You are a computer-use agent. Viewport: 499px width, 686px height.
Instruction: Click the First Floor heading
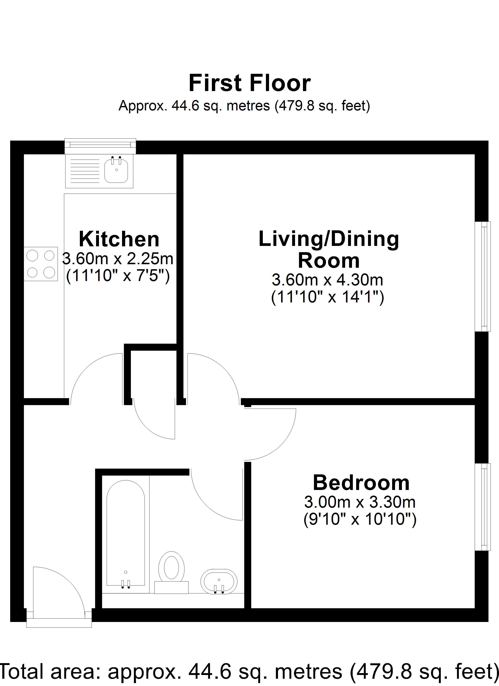[x=250, y=83]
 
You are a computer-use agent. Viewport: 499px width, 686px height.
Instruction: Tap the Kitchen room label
[x=119, y=239]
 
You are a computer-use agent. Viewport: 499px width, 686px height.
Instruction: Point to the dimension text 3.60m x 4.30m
[x=327, y=280]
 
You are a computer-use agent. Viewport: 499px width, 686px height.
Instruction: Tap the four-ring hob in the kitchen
[x=41, y=264]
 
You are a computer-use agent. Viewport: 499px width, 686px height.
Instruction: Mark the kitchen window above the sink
[x=100, y=146]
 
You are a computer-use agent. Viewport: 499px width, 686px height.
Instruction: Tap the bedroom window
[x=482, y=507]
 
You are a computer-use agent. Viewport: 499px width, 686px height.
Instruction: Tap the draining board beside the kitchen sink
[x=85, y=171]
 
